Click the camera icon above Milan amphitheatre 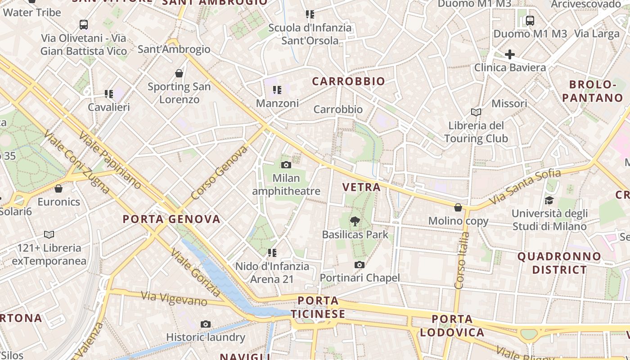coord(286,165)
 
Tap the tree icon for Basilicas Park coord(355,221)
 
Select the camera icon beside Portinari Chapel coord(359,265)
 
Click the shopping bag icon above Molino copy coord(458,207)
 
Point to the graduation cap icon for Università coord(549,200)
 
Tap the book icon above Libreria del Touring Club coord(476,112)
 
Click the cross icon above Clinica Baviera coord(509,54)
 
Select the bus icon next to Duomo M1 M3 coord(530,20)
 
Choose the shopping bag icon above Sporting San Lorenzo coord(179,73)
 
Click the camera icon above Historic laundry coord(206,324)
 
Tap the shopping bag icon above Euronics coord(58,188)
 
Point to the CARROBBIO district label coord(349,81)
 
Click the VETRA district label coord(361,187)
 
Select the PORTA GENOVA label coord(171,219)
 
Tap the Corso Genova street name coord(219,173)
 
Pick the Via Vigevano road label coord(174,298)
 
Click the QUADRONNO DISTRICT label coord(559,263)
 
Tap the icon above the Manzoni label coord(277,90)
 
